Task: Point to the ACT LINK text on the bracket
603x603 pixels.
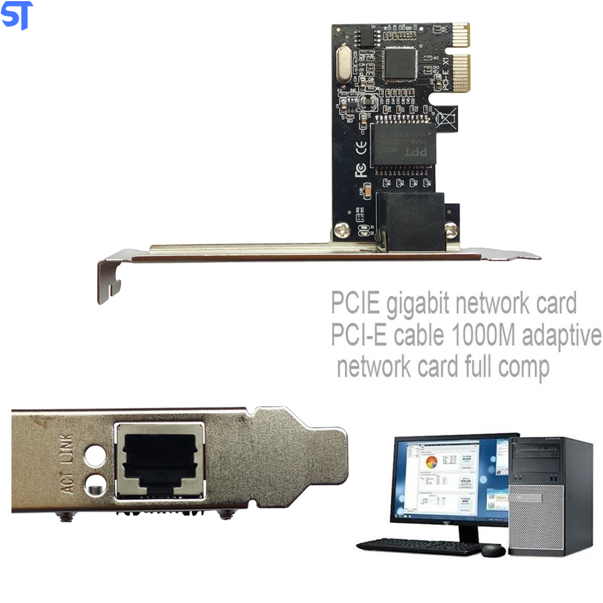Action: pos(67,465)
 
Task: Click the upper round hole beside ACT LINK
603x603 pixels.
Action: pos(95,453)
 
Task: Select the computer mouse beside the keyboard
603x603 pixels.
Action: pos(493,549)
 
